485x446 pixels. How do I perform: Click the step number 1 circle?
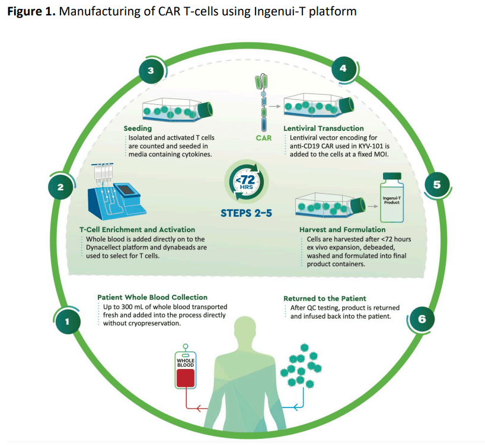[x=67, y=323]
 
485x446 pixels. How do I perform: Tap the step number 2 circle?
[x=60, y=187]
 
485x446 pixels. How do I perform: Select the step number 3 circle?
[x=151, y=70]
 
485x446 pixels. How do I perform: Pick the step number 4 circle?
[x=343, y=69]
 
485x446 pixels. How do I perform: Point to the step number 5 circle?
[x=437, y=184]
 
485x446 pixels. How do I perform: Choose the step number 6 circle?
[x=422, y=319]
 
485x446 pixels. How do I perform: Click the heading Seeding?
[x=138, y=128]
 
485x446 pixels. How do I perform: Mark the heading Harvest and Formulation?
[x=343, y=229]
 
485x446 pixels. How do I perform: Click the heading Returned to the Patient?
[x=324, y=299]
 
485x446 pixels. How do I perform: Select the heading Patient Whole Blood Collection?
[x=152, y=297]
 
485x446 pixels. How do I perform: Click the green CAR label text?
[x=263, y=139]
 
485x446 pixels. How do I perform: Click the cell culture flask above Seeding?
[x=178, y=109]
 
